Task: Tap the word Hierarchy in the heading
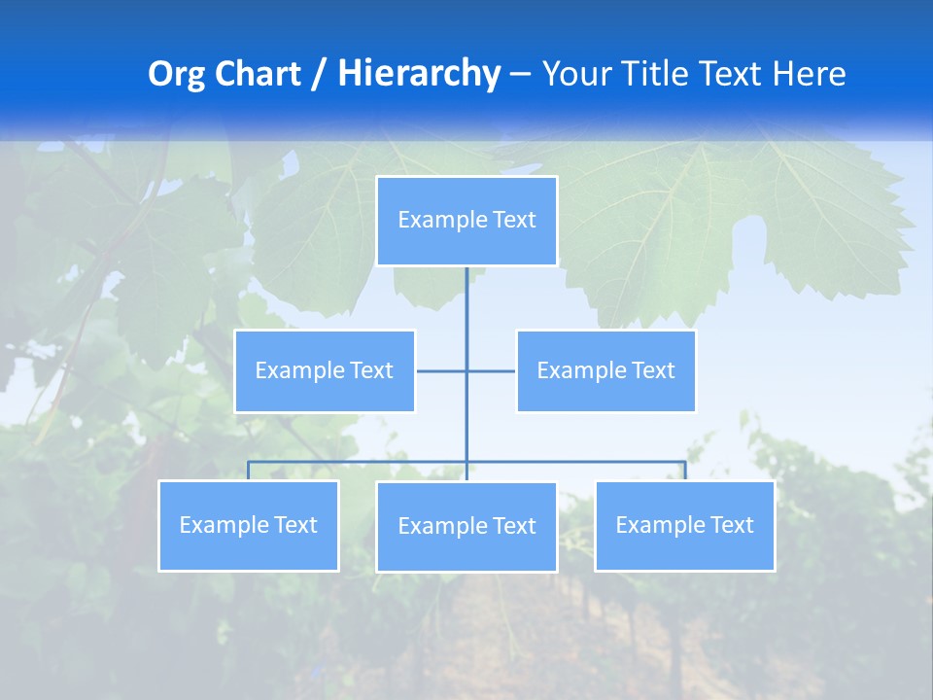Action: tap(419, 74)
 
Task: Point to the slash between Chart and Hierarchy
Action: tap(318, 74)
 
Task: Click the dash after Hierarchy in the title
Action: tap(520, 74)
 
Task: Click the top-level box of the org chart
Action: tap(466, 221)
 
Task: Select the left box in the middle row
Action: tap(325, 370)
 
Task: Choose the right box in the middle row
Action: tap(605, 370)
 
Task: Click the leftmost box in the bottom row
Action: tap(249, 525)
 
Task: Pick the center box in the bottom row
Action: tap(466, 526)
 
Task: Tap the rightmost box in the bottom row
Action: tap(684, 525)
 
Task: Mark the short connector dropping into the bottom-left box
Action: tap(249, 471)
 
